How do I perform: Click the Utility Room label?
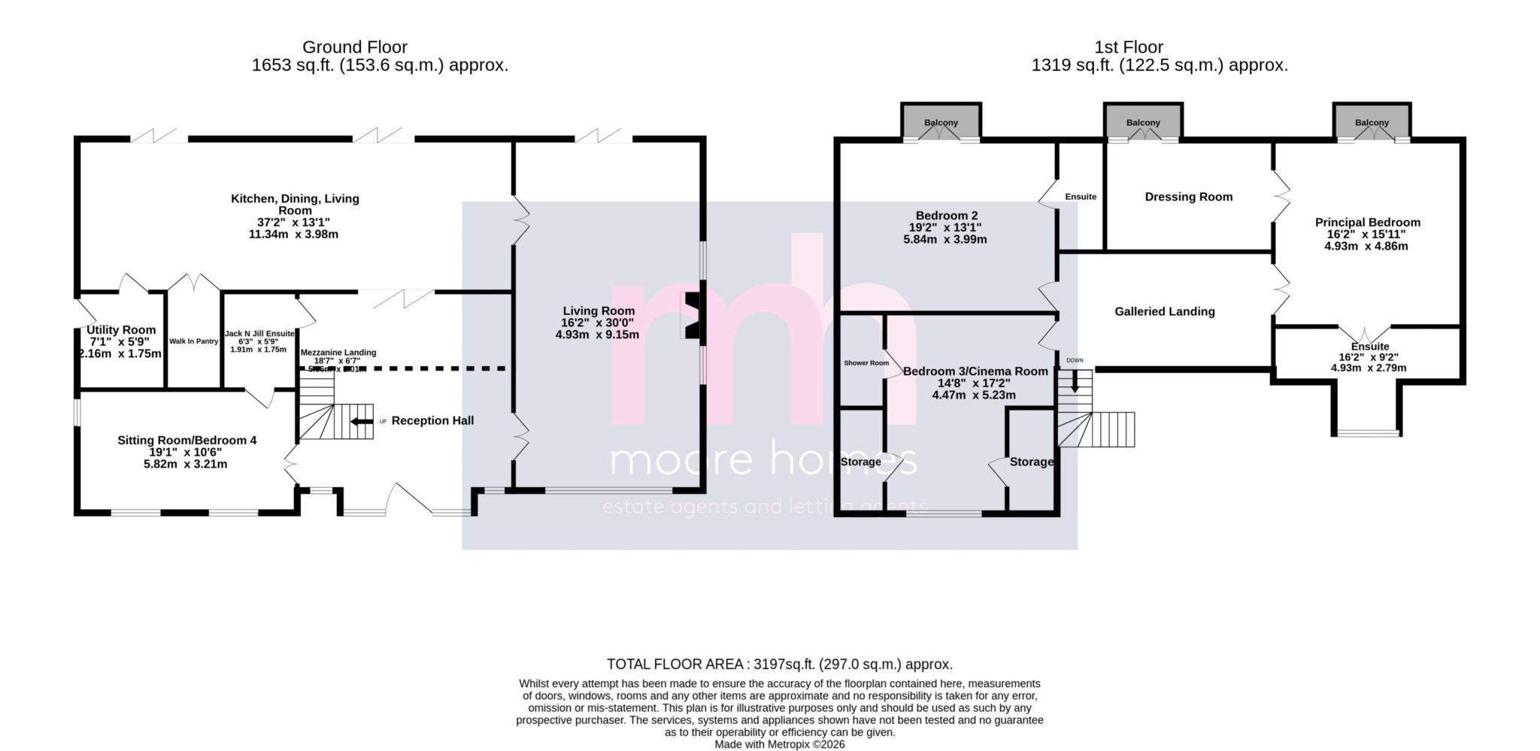(121, 329)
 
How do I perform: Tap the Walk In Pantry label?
(193, 341)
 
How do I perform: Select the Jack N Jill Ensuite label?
(259, 333)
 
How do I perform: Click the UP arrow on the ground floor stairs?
(362, 421)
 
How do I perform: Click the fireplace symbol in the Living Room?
(690, 315)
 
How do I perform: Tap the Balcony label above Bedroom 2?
(941, 123)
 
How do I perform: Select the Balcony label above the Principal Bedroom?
(1372, 123)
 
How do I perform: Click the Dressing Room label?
(1188, 197)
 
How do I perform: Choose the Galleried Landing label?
(1164, 311)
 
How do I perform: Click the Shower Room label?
(866, 363)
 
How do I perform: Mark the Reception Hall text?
(432, 420)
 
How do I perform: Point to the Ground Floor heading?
(355, 47)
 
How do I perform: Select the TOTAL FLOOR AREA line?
(779, 664)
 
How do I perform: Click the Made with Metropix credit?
(779, 744)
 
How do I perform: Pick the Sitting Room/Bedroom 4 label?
(186, 440)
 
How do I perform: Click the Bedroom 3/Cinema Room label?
(975, 371)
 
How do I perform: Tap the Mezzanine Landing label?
(338, 352)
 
